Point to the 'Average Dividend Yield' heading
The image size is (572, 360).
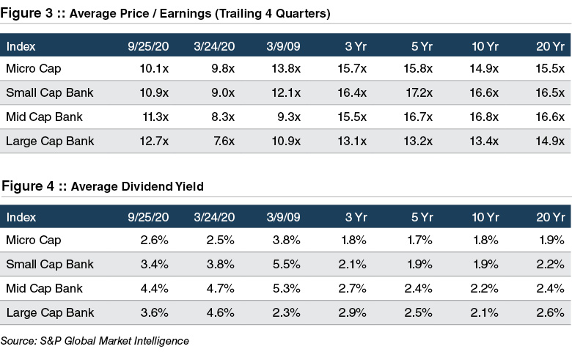[136, 186]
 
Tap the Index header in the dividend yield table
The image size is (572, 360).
[21, 217]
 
